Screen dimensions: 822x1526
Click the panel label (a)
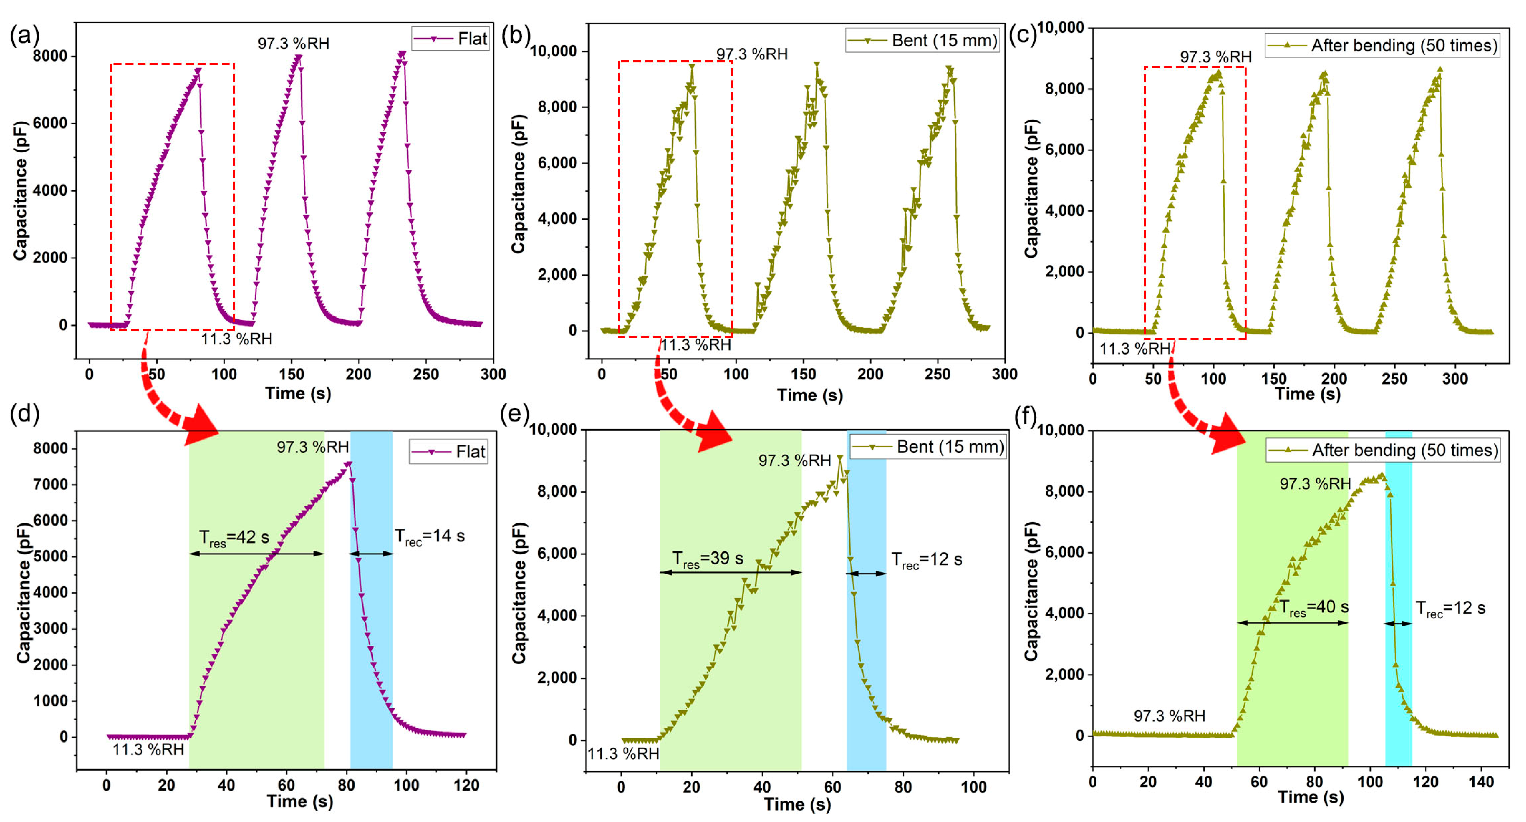24,36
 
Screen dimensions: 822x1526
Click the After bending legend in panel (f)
1383,451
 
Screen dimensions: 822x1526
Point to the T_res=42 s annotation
234,538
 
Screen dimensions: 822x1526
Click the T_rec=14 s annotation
430,537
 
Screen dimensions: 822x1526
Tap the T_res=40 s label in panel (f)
1313,607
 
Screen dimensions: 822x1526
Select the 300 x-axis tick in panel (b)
1005,374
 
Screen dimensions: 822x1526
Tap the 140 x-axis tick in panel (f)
1481,782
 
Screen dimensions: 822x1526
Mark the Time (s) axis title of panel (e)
797,804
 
